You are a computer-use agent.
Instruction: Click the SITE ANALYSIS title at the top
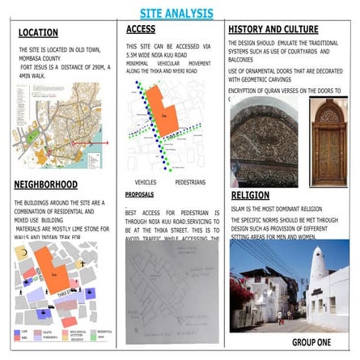pos(176,13)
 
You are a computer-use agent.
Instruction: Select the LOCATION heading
pos(38,33)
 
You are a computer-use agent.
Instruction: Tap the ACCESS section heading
pos(141,30)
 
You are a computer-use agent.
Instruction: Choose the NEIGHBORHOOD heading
pos(45,185)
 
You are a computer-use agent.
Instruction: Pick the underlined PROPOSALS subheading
pos(140,195)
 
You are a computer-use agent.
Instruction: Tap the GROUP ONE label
pos(311,343)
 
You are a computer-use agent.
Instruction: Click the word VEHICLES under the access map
pos(146,182)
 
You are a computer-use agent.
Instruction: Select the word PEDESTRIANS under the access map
pos(190,182)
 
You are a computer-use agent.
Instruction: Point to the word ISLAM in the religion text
pos(239,210)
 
